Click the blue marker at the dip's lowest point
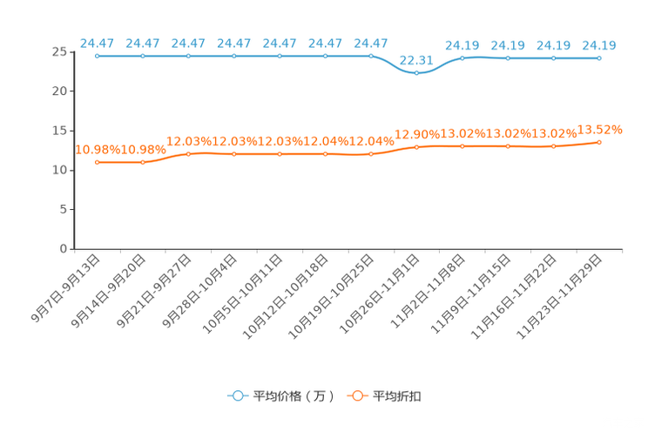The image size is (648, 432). [416, 73]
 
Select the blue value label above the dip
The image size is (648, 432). [416, 60]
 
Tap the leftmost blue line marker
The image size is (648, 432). [98, 56]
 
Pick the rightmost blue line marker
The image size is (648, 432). [599, 58]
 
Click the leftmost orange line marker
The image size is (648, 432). [98, 162]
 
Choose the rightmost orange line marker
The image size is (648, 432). [599, 141]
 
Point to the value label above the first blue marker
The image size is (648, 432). [98, 42]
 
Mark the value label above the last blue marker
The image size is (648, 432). [599, 44]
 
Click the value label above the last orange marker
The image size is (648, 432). [603, 129]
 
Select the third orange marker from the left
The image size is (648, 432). [189, 154]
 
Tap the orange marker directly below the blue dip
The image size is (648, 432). [416, 147]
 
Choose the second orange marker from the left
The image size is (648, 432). [143, 162]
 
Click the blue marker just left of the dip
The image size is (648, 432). [371, 56]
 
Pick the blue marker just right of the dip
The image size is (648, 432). [462, 57]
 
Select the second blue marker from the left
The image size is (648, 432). [143, 56]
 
